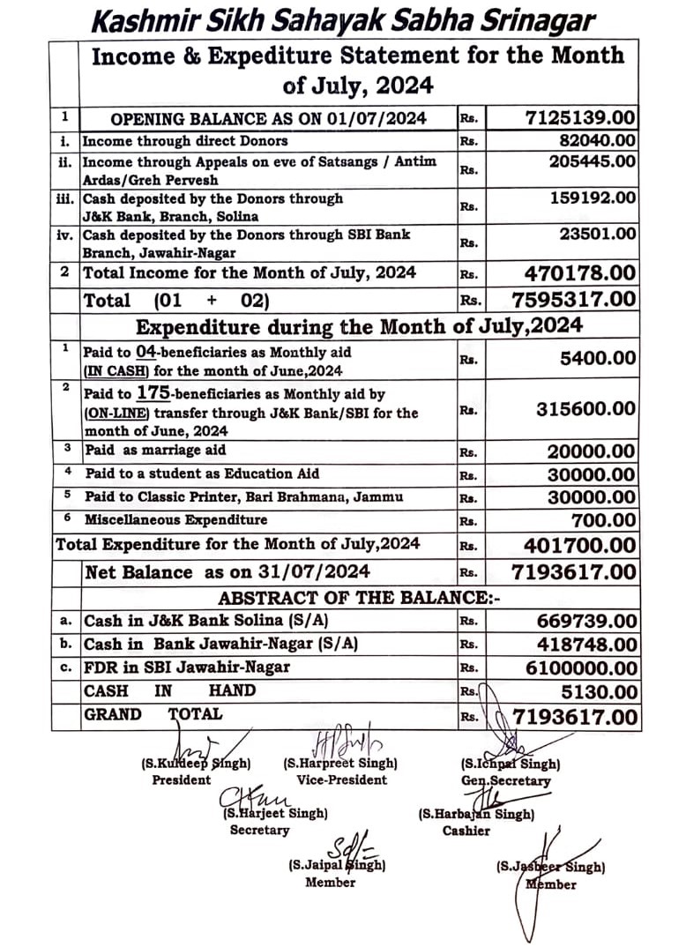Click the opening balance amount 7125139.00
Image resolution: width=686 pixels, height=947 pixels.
tap(580, 117)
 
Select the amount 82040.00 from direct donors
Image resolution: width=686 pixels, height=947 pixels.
tap(597, 140)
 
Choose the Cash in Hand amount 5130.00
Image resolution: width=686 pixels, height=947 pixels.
tap(602, 691)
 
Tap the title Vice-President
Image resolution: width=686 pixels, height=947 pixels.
tap(342, 779)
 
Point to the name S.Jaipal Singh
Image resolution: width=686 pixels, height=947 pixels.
tap(336, 865)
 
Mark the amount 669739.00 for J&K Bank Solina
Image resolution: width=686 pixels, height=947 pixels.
tap(585, 621)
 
